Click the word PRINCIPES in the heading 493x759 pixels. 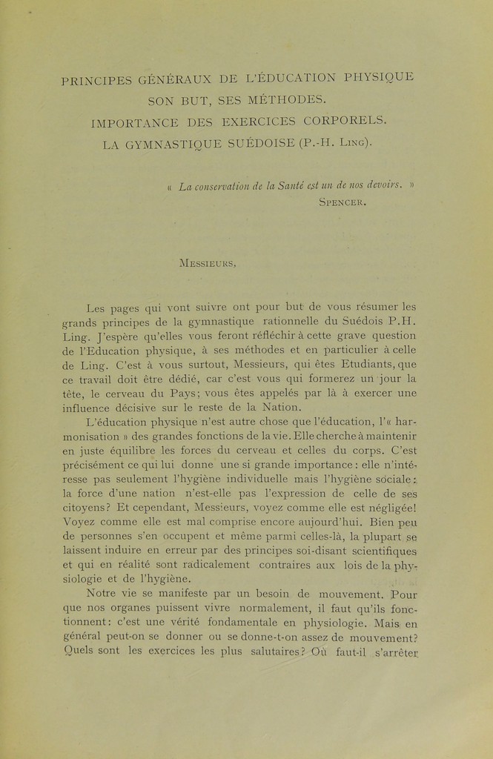point(96,81)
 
